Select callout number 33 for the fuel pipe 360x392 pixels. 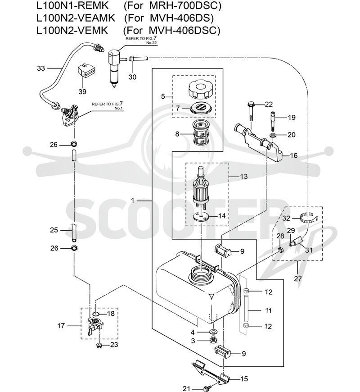(x=41, y=68)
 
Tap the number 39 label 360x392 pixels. (x=82, y=91)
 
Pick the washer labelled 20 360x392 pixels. (x=273, y=136)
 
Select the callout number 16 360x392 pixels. (x=294, y=155)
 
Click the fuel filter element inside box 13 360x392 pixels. (x=201, y=188)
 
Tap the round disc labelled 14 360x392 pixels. (x=201, y=216)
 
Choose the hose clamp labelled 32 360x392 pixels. (x=308, y=218)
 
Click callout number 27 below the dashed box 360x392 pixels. (x=297, y=278)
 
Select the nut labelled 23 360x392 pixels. (x=99, y=346)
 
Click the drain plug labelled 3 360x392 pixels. (x=213, y=340)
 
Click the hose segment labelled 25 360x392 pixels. (x=74, y=233)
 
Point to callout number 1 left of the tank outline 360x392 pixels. (x=133, y=201)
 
